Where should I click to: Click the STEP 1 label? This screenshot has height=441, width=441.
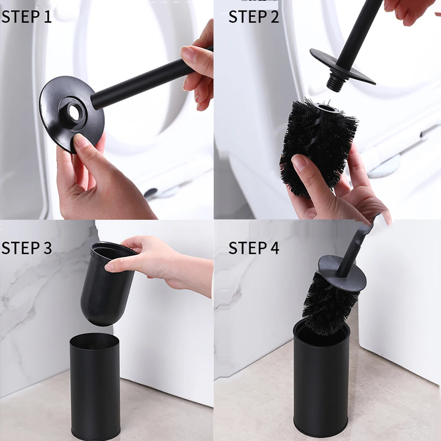pos(26,17)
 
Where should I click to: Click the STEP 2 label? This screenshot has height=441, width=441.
pos(254,17)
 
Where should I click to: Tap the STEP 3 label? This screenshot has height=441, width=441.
pos(26,248)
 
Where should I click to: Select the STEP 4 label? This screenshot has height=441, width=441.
pos(254,248)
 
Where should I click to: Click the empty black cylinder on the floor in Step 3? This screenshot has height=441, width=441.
pos(95,386)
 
